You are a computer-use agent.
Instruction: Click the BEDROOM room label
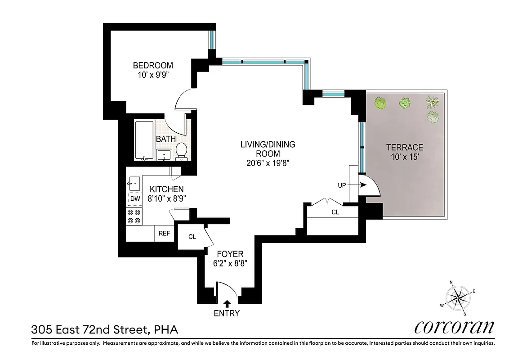153,65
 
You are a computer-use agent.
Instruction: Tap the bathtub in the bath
144,140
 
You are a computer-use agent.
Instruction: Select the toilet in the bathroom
181,151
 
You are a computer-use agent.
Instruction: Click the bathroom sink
165,155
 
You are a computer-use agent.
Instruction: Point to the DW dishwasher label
135,198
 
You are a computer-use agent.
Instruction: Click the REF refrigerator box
165,234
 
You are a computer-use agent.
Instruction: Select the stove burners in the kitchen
134,216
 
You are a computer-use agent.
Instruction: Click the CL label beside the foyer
192,237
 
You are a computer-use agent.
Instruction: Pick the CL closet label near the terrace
335,212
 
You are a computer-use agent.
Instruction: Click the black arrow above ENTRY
227,304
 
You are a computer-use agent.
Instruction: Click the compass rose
458,297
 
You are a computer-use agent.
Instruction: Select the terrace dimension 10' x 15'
405,157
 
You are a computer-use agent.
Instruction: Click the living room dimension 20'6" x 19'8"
268,163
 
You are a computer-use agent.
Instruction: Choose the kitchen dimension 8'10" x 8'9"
167,198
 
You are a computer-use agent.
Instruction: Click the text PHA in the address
166,330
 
